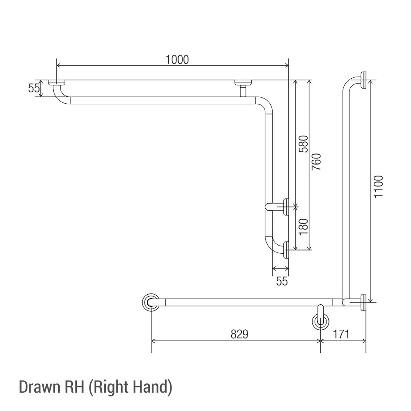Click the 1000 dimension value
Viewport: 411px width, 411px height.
pyautogui.click(x=177, y=60)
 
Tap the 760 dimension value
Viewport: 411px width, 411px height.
pyautogui.click(x=316, y=162)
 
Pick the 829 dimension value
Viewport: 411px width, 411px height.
pyautogui.click(x=240, y=334)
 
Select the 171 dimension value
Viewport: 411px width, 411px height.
pyautogui.click(x=341, y=334)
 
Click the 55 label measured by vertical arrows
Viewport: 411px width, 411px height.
pyautogui.click(x=33, y=88)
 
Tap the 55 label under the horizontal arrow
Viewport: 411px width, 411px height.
pyautogui.click(x=282, y=281)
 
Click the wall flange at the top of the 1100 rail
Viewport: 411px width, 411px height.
pyautogui.click(x=364, y=80)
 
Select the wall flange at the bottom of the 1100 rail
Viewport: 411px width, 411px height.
pyautogui.click(x=364, y=302)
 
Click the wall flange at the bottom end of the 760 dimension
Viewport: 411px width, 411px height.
pyautogui.click(x=286, y=249)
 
